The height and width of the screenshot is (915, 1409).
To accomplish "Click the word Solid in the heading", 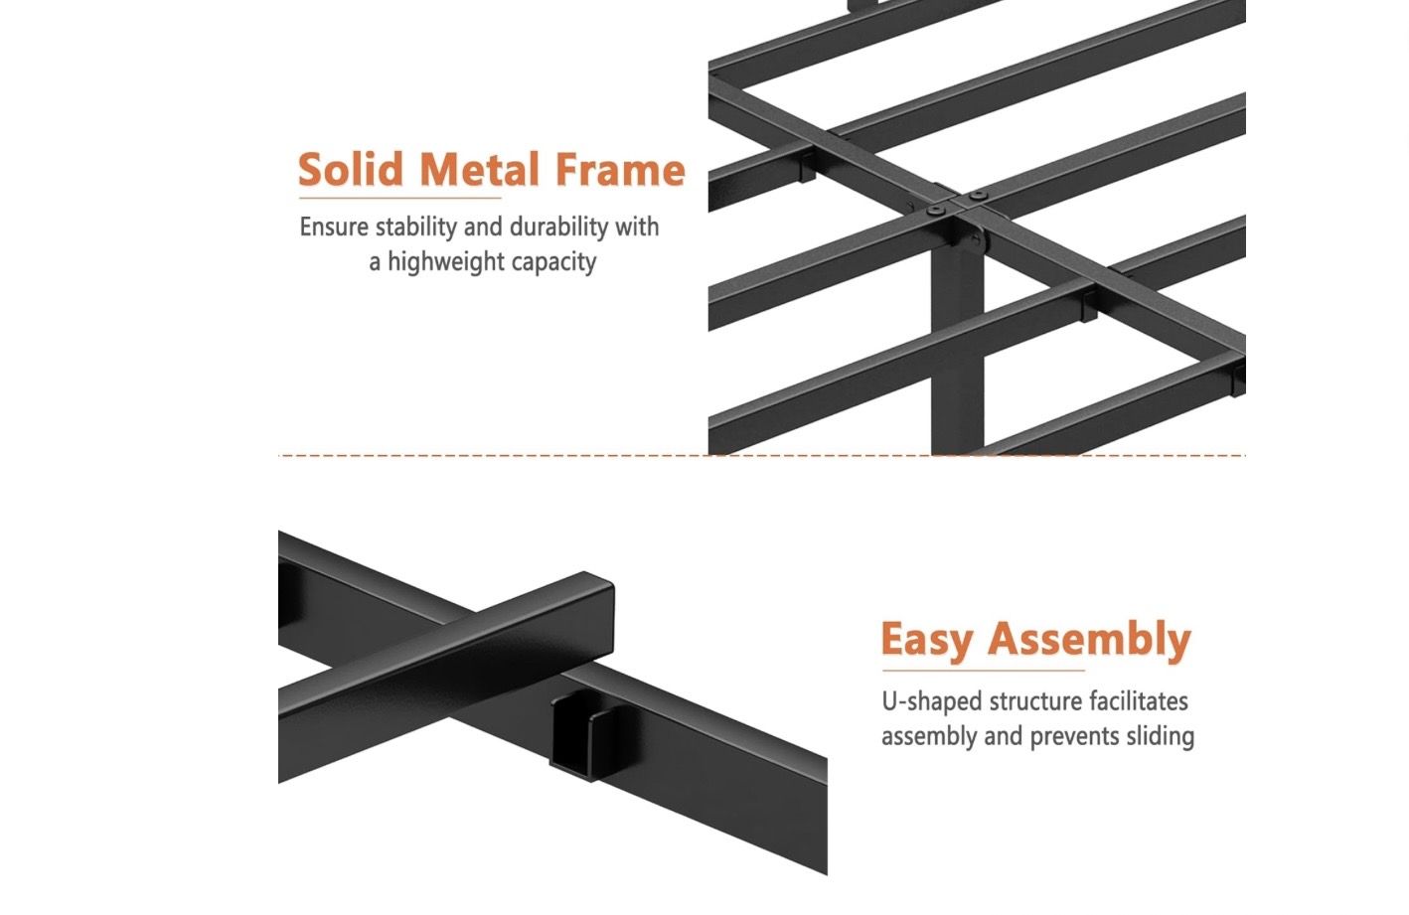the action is (351, 169).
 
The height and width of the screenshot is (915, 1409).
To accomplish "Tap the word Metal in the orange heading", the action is (479, 169).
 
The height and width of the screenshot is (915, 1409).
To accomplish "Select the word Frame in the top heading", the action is (620, 170).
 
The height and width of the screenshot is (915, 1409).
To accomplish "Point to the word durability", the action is (558, 227).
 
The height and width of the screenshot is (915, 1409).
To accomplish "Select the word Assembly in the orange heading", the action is (1089, 639).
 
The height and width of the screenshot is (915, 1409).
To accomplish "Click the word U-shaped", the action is (932, 701).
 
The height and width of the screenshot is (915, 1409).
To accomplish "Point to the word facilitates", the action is (1139, 700).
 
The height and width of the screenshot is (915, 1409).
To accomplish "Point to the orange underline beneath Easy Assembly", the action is (983, 671).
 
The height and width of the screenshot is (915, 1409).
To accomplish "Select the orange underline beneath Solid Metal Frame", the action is (400, 198).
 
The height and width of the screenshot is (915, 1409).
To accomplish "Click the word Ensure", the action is (334, 228).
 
